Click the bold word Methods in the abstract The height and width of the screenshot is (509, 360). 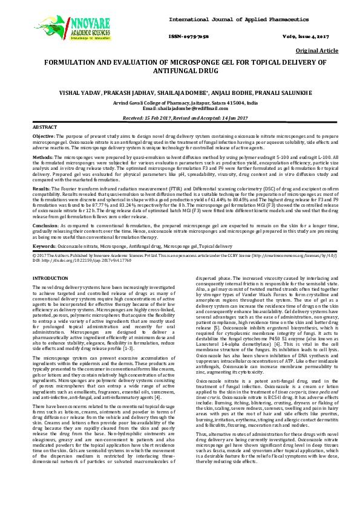pyautogui.click(x=43, y=157)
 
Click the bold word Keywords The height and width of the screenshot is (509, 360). pyautogui.click(x=45, y=247)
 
